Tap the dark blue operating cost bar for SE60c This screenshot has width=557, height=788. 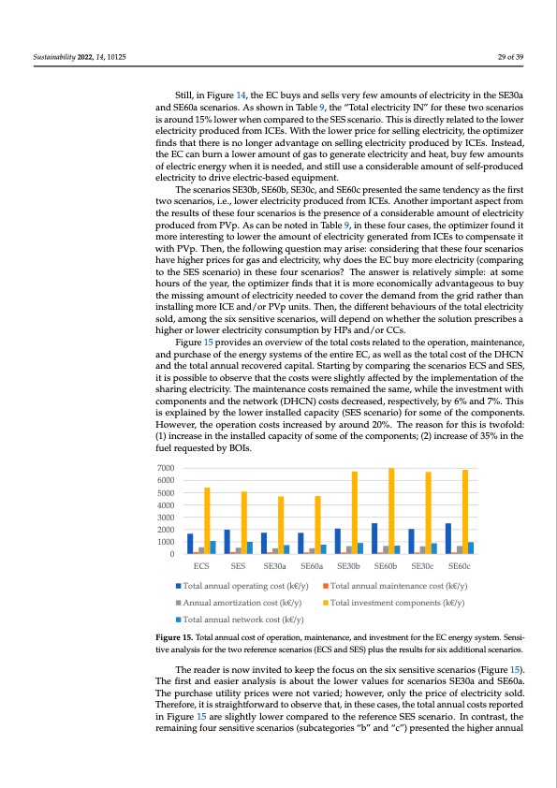(447, 538)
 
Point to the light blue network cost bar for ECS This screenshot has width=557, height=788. (213, 547)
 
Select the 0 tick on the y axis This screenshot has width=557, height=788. (171, 554)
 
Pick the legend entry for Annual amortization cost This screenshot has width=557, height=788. (240, 603)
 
